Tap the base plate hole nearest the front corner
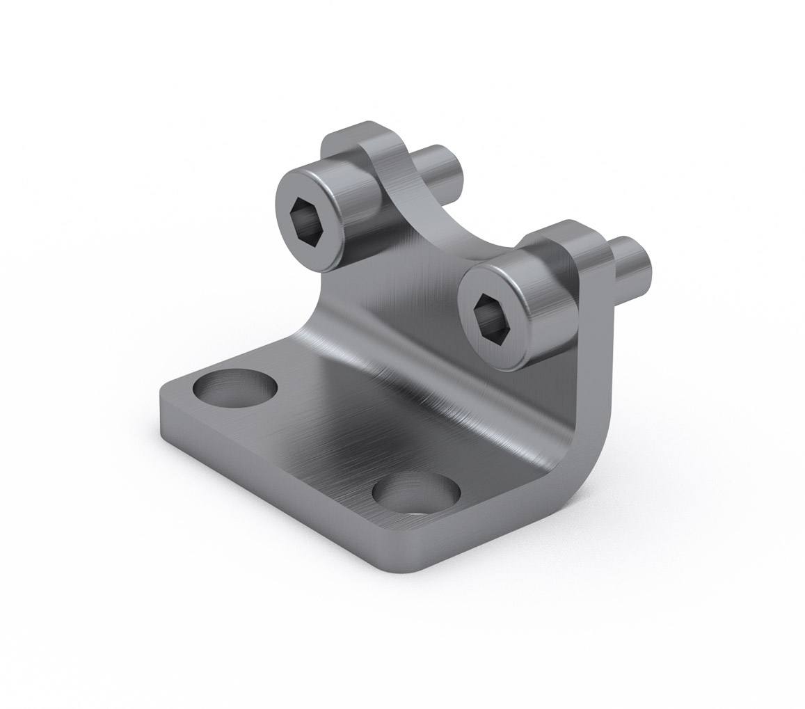point(416,494)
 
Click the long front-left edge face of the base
point(278,487)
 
